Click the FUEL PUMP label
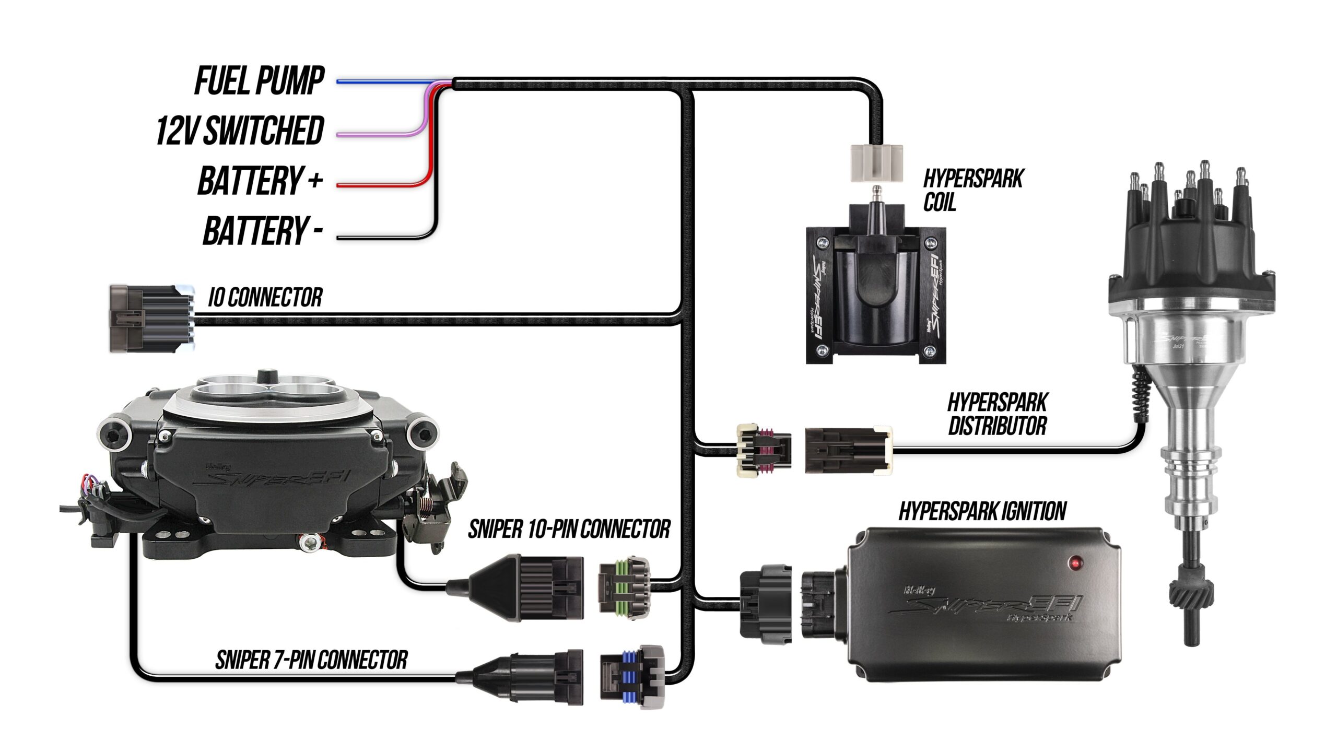pos(259,81)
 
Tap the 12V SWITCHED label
pos(240,131)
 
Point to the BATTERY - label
pos(262,231)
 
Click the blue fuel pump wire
pos(381,83)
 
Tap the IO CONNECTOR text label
pos(265,298)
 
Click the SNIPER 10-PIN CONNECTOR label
pos(569,530)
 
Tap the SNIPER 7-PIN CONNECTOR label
pos(311,660)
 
